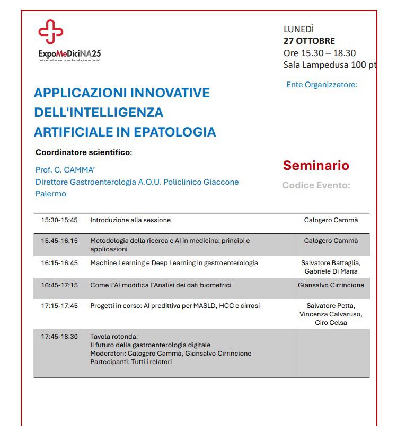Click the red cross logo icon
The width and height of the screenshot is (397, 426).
pos(51,31)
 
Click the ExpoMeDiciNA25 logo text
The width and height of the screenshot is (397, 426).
pos(69,54)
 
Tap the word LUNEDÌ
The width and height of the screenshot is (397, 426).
pos(298,29)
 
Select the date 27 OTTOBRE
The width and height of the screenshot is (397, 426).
pos(309,41)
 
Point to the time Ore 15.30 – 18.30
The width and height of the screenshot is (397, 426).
pos(320,53)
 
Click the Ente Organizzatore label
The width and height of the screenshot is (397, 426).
pos(322,84)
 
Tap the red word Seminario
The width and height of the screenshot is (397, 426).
pos(316,165)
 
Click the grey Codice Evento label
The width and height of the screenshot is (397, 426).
pos(316,185)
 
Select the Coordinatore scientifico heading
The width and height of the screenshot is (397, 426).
pos(83,152)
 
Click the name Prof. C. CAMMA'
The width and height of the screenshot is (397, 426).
pos(65,170)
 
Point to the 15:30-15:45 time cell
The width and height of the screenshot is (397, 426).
pos(59,220)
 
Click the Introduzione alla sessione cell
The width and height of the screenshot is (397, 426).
pos(130,220)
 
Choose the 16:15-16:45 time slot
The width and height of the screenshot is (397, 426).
pos(59,263)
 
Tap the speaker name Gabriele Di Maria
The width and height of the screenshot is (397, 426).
pos(331,271)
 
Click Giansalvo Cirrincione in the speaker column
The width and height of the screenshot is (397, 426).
pos(331,285)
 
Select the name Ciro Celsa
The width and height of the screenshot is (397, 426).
pos(331,322)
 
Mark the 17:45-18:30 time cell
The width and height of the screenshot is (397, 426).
pos(59,337)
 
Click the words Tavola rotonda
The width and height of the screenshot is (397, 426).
pos(114,337)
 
